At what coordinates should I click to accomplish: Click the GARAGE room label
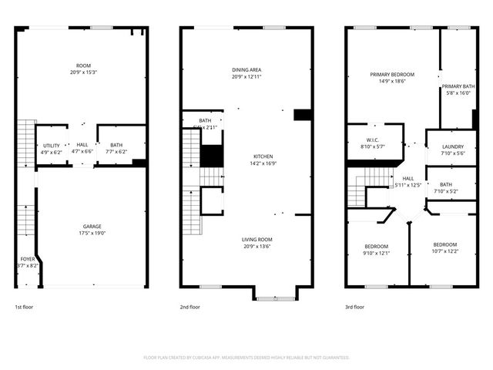coord(92,226)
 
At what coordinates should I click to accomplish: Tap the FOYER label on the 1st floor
coord(27,258)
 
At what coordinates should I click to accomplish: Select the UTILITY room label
coord(52,145)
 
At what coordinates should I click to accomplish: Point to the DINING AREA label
coord(246,70)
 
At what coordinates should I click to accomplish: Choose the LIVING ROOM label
coord(246,239)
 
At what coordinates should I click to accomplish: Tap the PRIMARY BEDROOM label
coord(392,74)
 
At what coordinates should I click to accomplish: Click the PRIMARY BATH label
coord(457,86)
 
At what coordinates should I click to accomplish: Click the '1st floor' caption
coord(24,307)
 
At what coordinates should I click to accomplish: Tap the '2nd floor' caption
coord(190,307)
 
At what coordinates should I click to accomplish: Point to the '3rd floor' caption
coord(355,307)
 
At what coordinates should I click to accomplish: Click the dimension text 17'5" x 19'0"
coord(92,233)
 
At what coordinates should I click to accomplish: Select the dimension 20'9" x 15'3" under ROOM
coord(82,72)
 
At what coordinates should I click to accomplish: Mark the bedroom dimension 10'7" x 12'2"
coord(444,251)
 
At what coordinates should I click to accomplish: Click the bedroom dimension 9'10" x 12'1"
coord(377,253)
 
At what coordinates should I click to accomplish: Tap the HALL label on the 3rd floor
coord(408,178)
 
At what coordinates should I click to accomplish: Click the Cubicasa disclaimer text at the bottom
coord(246,358)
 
